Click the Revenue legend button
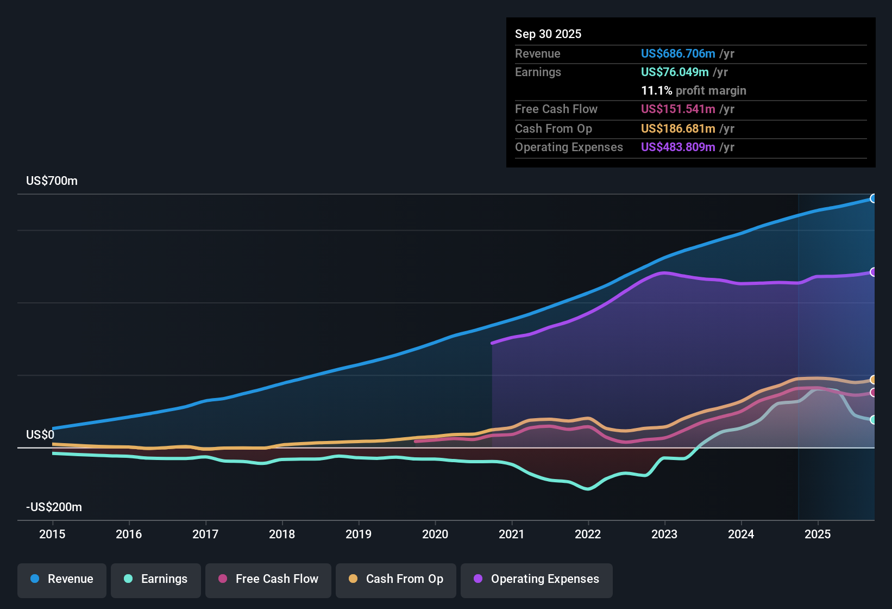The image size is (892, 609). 62,579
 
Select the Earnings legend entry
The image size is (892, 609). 156,579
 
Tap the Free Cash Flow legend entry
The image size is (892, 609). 268,579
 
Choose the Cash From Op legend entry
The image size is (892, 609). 396,579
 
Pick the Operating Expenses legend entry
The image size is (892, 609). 537,579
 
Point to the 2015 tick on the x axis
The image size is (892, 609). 52,534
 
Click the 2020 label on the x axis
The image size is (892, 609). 435,534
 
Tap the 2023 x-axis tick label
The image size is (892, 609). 664,534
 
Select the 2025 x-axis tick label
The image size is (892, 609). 818,534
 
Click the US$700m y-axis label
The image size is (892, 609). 52,181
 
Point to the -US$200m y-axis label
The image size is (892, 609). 54,507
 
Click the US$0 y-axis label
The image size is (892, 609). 40,435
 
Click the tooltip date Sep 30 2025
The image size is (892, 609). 548,34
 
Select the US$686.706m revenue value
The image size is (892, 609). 677,54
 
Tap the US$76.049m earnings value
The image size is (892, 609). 674,72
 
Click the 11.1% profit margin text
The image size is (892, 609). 693,91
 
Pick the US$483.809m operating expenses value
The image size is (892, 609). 677,147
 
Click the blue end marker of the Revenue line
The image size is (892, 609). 873,198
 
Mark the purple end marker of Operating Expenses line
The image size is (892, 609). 873,272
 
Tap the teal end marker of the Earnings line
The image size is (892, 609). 873,420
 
